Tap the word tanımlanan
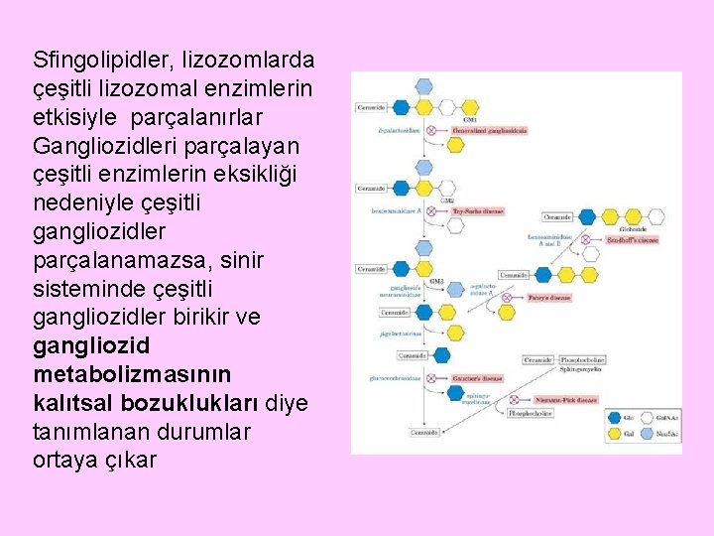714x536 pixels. coord(89,432)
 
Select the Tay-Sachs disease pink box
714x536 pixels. coord(478,210)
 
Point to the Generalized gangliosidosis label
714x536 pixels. coord(489,130)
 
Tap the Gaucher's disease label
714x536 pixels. coord(479,378)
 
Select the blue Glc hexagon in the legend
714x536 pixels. coord(613,417)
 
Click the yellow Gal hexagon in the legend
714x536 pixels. coord(613,435)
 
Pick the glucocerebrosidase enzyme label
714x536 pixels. coord(395,378)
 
